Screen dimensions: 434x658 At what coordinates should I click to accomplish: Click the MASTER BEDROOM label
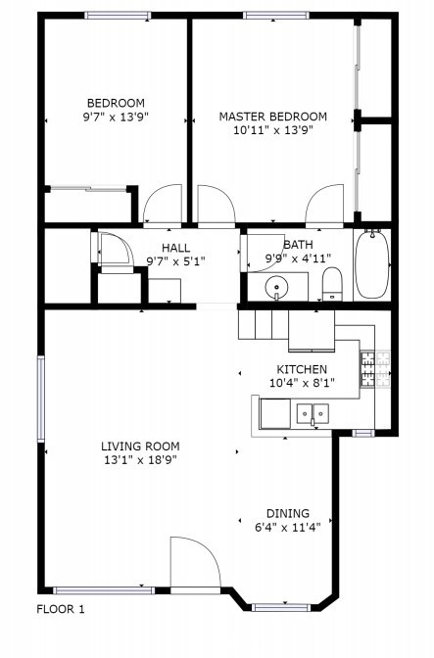272,117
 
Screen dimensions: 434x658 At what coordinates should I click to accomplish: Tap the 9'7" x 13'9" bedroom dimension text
117,117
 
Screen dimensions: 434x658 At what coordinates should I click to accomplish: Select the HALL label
176,248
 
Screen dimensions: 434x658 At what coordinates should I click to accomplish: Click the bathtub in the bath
372,264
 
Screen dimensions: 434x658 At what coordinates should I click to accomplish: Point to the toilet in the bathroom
332,284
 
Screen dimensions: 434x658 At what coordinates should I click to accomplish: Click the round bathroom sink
276,287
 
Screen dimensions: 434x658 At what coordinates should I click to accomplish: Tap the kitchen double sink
313,414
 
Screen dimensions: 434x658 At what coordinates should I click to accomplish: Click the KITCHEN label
302,369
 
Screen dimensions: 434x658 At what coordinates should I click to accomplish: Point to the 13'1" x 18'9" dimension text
140,460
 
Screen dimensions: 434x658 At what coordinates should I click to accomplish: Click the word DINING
288,513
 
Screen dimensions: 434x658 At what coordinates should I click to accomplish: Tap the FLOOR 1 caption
61,609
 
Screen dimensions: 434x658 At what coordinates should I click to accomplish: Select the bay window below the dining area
280,607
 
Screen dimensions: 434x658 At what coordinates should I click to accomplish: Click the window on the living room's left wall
41,399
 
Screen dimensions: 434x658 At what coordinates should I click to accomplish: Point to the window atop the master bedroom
276,16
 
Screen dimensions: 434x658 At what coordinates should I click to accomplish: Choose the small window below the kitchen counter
362,433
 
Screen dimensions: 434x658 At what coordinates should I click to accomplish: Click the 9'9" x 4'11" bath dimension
298,258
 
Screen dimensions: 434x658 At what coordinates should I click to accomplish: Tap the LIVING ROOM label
140,446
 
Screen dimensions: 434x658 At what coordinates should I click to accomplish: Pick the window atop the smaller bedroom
118,16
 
